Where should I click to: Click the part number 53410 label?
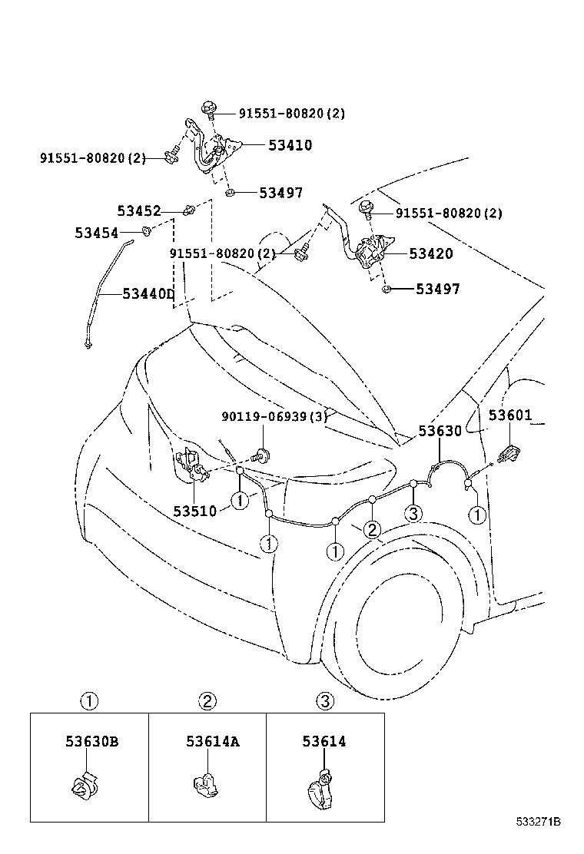[290, 145]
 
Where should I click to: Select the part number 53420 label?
[431, 254]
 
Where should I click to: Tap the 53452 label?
[139, 210]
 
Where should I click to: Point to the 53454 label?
[97, 232]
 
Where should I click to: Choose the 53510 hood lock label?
[194, 511]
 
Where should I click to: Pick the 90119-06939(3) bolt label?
[274, 416]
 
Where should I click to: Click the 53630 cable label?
[440, 431]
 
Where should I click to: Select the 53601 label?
[510, 415]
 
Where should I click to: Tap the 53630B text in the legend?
[91, 742]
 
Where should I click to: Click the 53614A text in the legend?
[212, 742]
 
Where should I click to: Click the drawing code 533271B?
[538, 822]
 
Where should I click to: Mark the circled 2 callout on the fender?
[371, 528]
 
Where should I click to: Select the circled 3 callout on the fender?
[413, 513]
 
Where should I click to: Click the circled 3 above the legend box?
[324, 700]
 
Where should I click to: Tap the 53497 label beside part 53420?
[437, 290]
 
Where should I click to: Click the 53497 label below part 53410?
[280, 194]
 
